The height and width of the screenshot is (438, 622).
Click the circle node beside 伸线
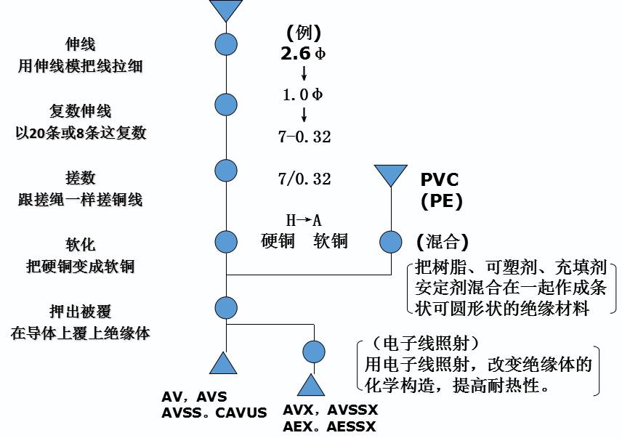(x=226, y=44)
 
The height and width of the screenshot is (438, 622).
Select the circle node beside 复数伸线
(x=226, y=104)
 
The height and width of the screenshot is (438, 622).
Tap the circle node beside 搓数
(x=226, y=171)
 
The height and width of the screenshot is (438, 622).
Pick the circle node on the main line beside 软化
(x=226, y=241)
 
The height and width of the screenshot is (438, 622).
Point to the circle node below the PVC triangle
(x=390, y=241)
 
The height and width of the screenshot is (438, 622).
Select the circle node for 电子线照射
(x=314, y=352)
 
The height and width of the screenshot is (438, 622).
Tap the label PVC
(x=440, y=180)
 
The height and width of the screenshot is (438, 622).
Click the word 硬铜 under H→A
(x=278, y=241)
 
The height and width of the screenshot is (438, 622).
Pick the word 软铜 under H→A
(x=331, y=241)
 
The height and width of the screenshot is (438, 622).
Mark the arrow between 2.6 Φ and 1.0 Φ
(x=304, y=73)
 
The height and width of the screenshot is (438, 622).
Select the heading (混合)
(x=442, y=241)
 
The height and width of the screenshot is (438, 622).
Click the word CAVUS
(x=241, y=411)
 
